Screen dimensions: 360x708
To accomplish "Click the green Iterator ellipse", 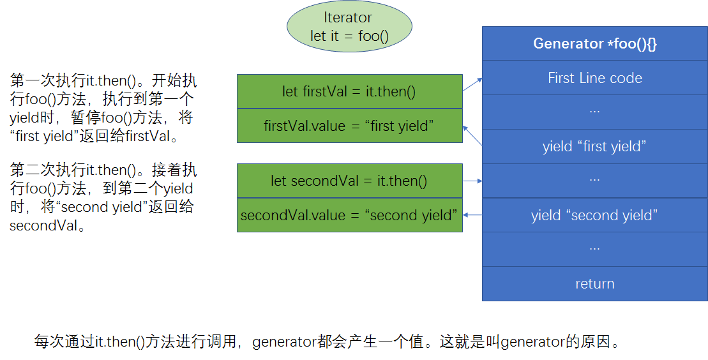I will [x=349, y=27].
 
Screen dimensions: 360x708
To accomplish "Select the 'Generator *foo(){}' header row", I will [x=594, y=43].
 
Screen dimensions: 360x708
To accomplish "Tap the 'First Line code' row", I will [x=594, y=78].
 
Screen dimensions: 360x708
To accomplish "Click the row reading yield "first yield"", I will [x=594, y=146].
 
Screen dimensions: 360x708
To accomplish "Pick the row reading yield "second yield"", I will [x=594, y=215].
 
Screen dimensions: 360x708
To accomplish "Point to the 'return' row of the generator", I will [x=594, y=283].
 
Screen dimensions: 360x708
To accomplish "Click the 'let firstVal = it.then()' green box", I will [x=349, y=91].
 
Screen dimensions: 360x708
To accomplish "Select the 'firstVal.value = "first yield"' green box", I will [x=349, y=126].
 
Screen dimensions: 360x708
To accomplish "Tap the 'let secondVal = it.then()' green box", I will [x=349, y=181].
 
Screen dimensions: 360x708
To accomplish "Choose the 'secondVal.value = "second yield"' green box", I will [x=349, y=215].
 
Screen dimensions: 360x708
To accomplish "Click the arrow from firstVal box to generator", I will [x=472, y=84].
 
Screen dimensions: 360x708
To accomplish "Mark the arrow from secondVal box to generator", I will [x=472, y=181].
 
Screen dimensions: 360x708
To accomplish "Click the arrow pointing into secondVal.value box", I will [x=472, y=215].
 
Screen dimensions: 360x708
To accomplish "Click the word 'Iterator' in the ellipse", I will [x=348, y=18].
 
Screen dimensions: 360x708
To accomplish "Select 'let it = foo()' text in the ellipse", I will [x=349, y=36].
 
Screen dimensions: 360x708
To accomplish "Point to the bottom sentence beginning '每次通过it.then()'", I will [x=328, y=341].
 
